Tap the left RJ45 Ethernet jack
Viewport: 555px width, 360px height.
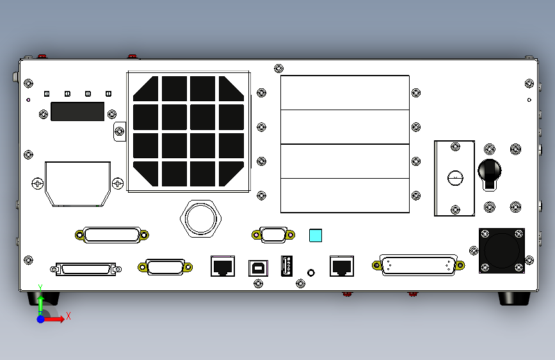pos(222,265)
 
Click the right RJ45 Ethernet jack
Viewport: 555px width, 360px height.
pos(341,265)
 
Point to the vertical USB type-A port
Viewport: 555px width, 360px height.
pos(286,265)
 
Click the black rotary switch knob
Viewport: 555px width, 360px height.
pos(490,171)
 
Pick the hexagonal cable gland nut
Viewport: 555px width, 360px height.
pos(201,218)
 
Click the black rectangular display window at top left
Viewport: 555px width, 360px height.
pos(77,111)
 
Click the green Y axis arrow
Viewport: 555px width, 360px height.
pos(40,301)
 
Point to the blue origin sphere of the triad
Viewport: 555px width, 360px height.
pos(40,318)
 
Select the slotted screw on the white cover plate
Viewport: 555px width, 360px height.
pos(455,178)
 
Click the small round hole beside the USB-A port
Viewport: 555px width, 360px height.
pos(312,272)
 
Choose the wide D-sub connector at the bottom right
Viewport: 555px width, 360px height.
pos(419,265)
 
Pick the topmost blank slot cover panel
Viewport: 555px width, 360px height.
pos(345,92)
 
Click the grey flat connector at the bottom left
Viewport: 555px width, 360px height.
pos(86,269)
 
